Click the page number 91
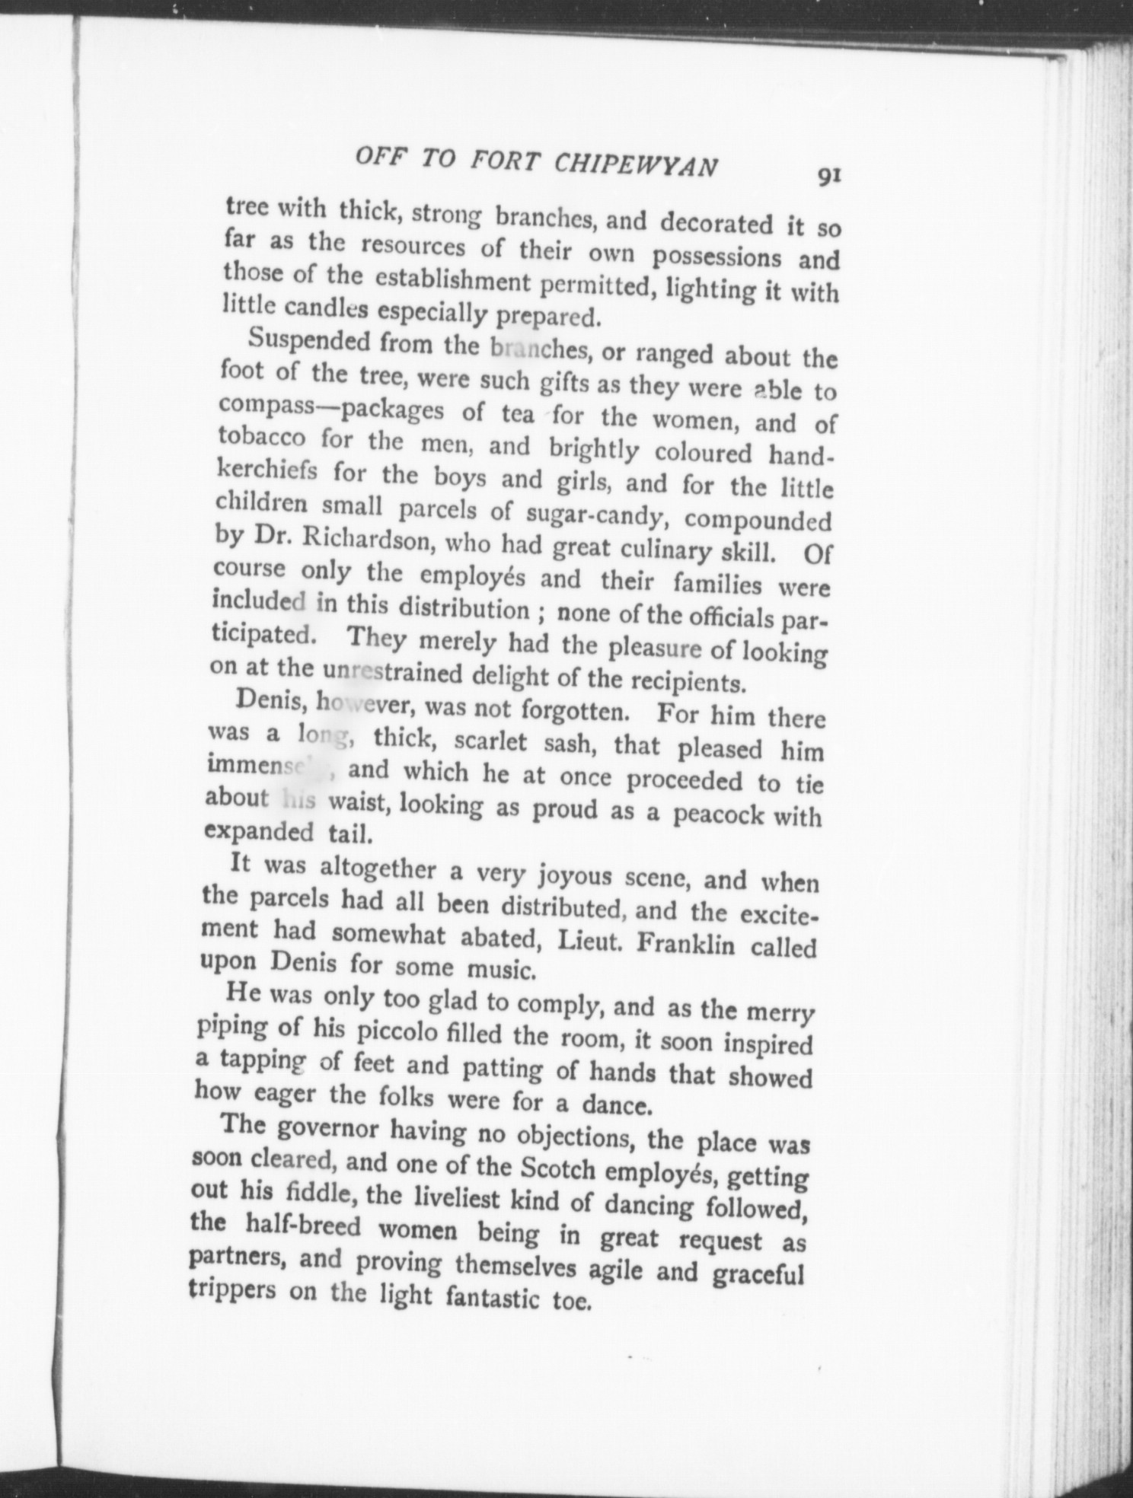click(x=828, y=176)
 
